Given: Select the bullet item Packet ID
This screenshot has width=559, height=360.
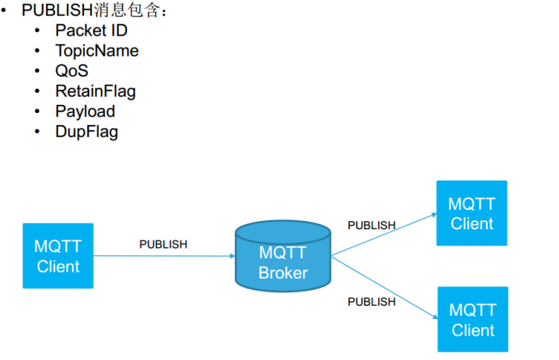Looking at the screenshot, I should coord(91,31).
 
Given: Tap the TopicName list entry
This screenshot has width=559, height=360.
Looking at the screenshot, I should coord(97,51).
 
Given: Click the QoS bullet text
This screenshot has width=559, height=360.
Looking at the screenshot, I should coord(72,71).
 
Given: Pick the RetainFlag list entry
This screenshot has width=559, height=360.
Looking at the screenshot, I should coord(95,91).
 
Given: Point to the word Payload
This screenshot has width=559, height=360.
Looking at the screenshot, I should coord(85,111).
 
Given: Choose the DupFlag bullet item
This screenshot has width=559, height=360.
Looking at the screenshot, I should coord(86,132).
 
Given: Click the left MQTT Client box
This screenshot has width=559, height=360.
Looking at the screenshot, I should coord(58,256).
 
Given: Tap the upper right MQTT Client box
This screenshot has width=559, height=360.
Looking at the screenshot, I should coord(472,213).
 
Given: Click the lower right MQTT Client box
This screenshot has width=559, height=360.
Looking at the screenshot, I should coord(473,319).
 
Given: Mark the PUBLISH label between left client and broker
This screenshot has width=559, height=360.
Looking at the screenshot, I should coord(163,244).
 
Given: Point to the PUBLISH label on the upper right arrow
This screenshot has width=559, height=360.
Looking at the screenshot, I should coord(372,225).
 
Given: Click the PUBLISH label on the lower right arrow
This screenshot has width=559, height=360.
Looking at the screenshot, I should coord(372,301).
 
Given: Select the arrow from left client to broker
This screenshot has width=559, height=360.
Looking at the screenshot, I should coord(162,256).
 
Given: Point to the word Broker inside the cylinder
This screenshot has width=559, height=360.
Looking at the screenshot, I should coord(283,273).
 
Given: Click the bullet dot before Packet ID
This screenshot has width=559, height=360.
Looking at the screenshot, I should coord(37,31).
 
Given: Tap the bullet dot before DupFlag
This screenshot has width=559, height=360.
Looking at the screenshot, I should coord(37,132).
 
